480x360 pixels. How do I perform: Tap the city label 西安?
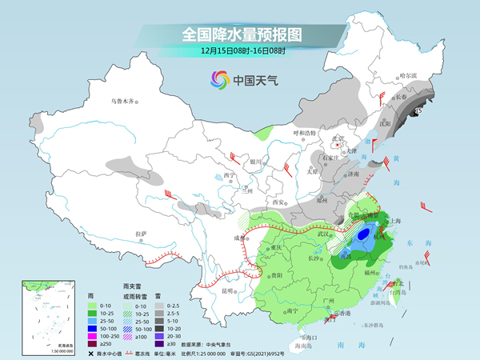[278, 202]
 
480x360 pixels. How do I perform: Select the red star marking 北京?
[340, 146]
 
